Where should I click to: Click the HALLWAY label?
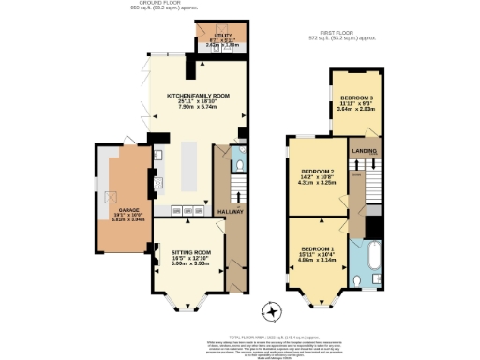pos(231,213)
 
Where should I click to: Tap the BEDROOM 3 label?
pos(355,97)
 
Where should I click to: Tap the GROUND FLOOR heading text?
pos(157,3)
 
